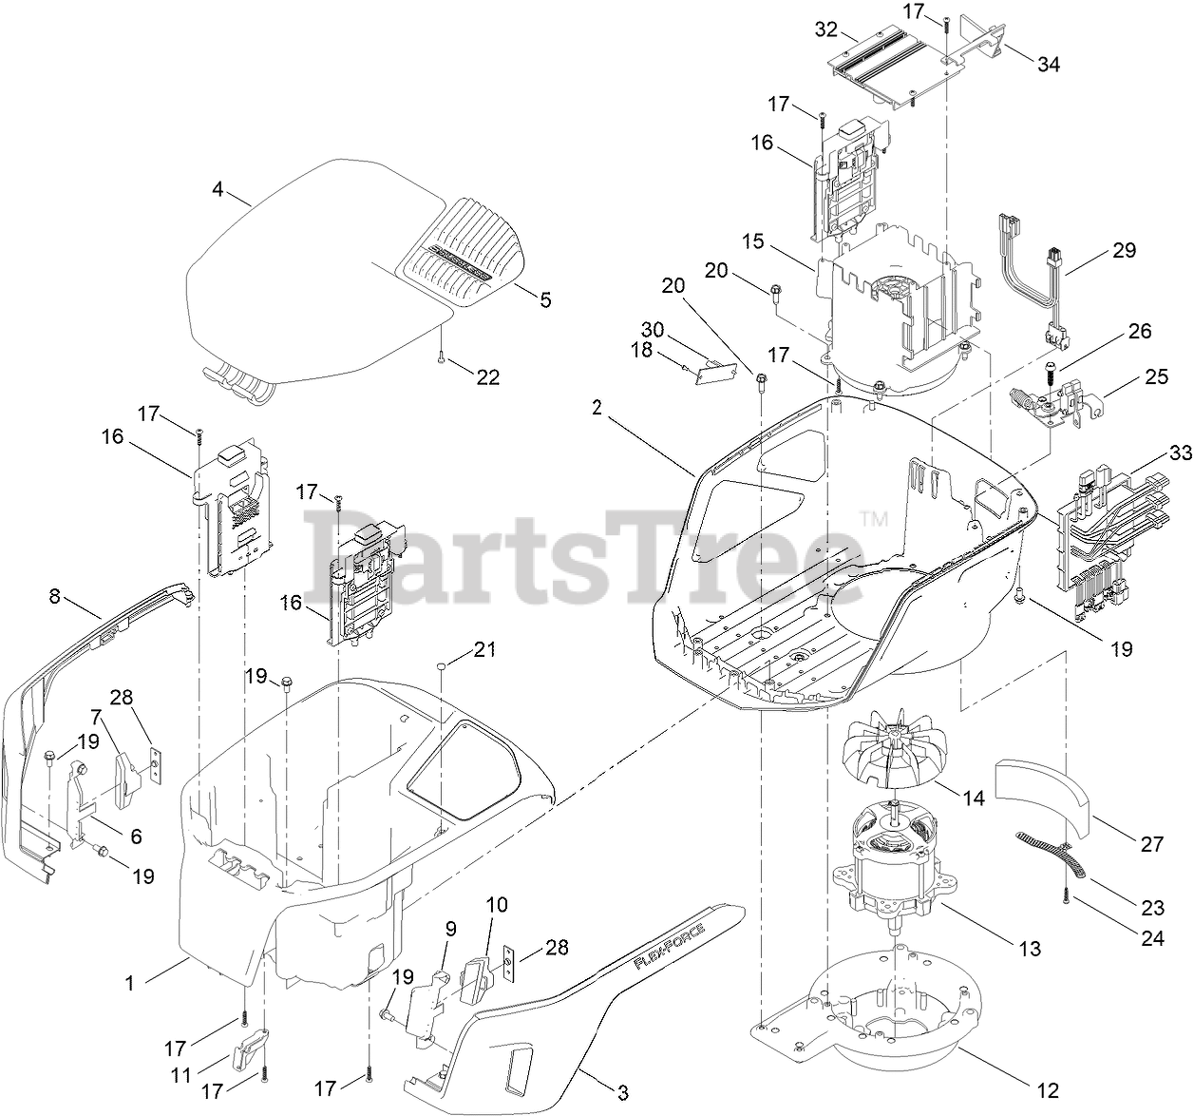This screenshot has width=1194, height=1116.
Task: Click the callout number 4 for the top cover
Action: pyautogui.click(x=218, y=189)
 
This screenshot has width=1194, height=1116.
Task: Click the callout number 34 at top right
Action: pyautogui.click(x=1049, y=65)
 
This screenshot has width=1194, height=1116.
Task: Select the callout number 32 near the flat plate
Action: pyautogui.click(x=826, y=29)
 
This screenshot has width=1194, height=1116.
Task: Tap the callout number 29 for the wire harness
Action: pyautogui.click(x=1125, y=251)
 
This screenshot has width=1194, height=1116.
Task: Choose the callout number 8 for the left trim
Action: pyautogui.click(x=54, y=596)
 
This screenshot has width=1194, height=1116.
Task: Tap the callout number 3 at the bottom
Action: pyautogui.click(x=621, y=1092)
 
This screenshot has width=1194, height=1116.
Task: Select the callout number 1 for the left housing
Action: pyautogui.click(x=130, y=983)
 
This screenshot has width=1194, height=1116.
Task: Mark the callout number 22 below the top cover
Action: pyautogui.click(x=487, y=377)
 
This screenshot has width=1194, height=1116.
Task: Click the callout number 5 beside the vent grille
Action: pyautogui.click(x=545, y=300)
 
